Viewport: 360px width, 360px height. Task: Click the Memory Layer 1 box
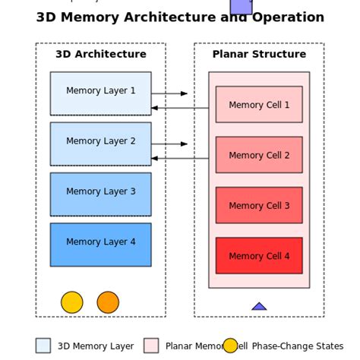(100, 93)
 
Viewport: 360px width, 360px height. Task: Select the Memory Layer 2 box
(100, 144)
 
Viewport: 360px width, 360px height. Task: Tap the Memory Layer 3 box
(100, 194)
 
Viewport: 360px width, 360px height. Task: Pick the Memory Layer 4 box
(100, 244)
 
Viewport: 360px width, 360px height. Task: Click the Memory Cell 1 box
(259, 105)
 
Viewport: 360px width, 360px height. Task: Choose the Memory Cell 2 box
(259, 155)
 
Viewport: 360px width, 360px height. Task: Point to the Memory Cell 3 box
(259, 205)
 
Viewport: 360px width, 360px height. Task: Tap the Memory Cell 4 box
(259, 255)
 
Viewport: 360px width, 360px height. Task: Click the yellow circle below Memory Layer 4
(72, 302)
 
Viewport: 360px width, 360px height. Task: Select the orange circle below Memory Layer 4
(108, 302)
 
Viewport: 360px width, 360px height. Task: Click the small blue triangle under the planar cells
(259, 306)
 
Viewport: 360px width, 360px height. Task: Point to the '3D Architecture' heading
(100, 55)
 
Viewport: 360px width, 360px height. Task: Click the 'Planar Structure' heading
(259, 55)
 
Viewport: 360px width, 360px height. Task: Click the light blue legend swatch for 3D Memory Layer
(43, 346)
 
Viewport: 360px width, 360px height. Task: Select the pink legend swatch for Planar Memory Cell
(151, 346)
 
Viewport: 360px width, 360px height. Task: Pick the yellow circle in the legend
(230, 346)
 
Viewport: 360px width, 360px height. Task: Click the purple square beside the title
(241, 6)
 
